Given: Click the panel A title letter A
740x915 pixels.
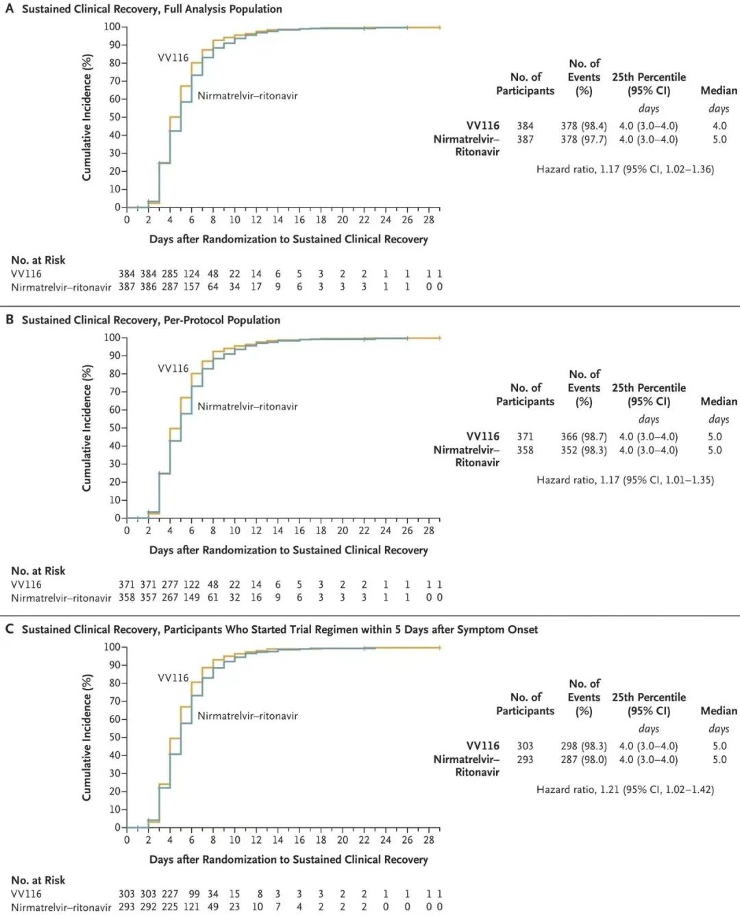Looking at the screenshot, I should (10, 9).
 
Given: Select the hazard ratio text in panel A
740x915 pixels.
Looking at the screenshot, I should (625, 169).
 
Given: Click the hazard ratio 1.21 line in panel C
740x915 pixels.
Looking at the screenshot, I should (625, 790).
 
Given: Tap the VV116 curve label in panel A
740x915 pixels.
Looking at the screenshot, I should (173, 58).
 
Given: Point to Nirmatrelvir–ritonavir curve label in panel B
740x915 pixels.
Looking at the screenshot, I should (247, 406).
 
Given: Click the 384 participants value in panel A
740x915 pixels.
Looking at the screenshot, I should (526, 126).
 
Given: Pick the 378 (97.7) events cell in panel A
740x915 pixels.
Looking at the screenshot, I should (584, 140).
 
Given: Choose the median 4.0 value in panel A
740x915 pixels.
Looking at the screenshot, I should (719, 126).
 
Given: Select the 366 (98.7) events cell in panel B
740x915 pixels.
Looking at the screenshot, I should (584, 437).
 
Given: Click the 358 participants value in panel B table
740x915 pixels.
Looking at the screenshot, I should (526, 451).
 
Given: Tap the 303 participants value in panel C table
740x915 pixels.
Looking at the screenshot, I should (526, 746).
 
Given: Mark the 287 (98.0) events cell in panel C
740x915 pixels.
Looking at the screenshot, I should (584, 760).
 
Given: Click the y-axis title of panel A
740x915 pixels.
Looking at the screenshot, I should (87, 117).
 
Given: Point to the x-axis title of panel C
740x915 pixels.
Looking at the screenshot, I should (288, 860).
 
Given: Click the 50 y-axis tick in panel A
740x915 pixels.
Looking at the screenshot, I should (114, 117).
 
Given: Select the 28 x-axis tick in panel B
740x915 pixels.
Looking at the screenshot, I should (429, 531).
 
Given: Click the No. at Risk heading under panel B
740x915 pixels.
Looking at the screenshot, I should (38, 571).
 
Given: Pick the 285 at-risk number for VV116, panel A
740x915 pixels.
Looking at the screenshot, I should (169, 274).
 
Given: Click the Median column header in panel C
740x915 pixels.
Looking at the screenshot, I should (719, 711).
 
